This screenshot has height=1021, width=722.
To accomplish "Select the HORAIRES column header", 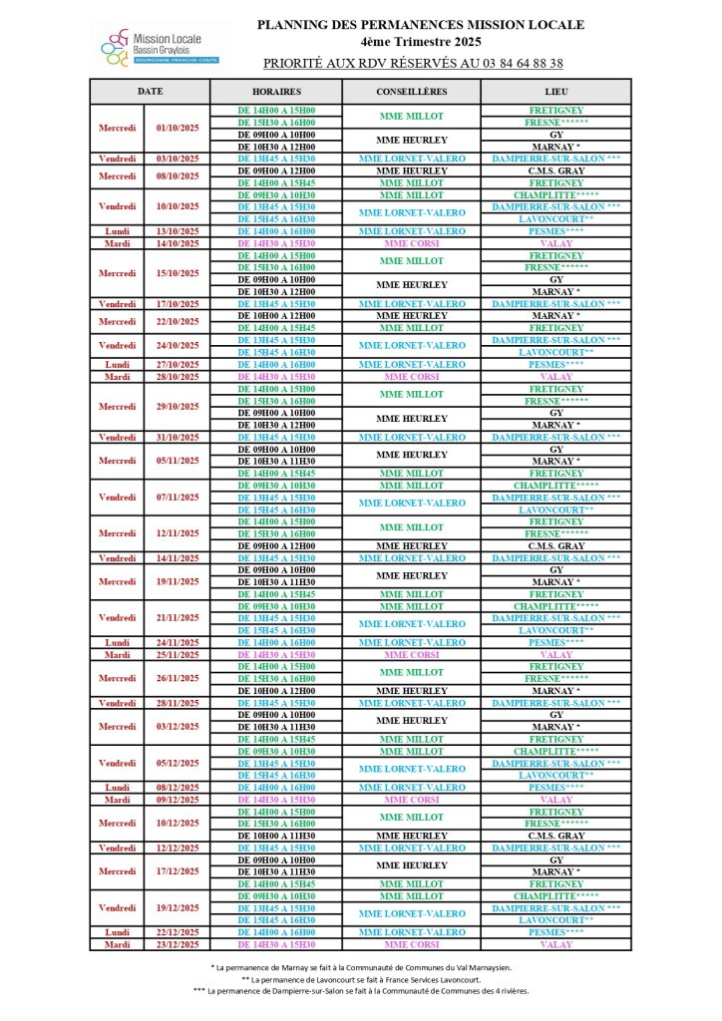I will point(276,91).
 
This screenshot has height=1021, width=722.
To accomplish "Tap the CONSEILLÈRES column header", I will point(412,91).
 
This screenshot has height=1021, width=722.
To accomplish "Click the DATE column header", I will point(150,91).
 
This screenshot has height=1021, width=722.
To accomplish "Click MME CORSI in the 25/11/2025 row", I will point(412,655).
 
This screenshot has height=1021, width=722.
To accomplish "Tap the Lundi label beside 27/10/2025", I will point(118,365).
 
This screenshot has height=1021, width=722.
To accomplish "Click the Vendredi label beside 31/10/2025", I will point(118,437).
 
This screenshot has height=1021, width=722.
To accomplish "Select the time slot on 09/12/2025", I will point(276,800).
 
